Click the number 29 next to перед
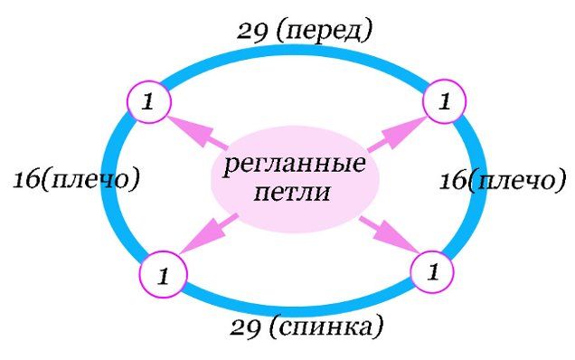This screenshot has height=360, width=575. [x=252, y=32]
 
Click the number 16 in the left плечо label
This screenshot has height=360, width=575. [x=26, y=180]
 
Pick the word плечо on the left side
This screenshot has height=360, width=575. [x=91, y=180]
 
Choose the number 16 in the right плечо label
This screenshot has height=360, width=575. [x=453, y=181]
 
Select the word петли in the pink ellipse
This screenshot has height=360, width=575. [x=292, y=192]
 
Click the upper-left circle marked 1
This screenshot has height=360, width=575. [x=148, y=101]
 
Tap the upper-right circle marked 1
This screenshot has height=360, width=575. [x=445, y=101]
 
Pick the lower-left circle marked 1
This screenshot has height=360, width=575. [x=164, y=274]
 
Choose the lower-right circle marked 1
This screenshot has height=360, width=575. [x=432, y=272]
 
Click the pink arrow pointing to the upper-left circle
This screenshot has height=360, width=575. [x=196, y=132]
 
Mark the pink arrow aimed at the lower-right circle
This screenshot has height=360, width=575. [x=390, y=234]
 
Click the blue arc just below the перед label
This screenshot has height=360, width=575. [x=293, y=51]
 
